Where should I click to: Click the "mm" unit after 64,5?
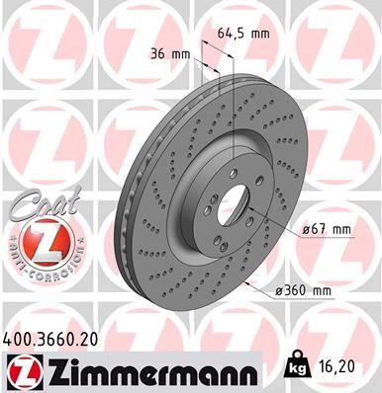260,34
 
